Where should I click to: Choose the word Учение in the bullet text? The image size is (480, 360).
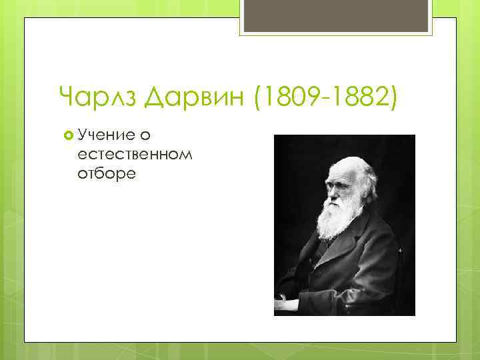103,136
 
